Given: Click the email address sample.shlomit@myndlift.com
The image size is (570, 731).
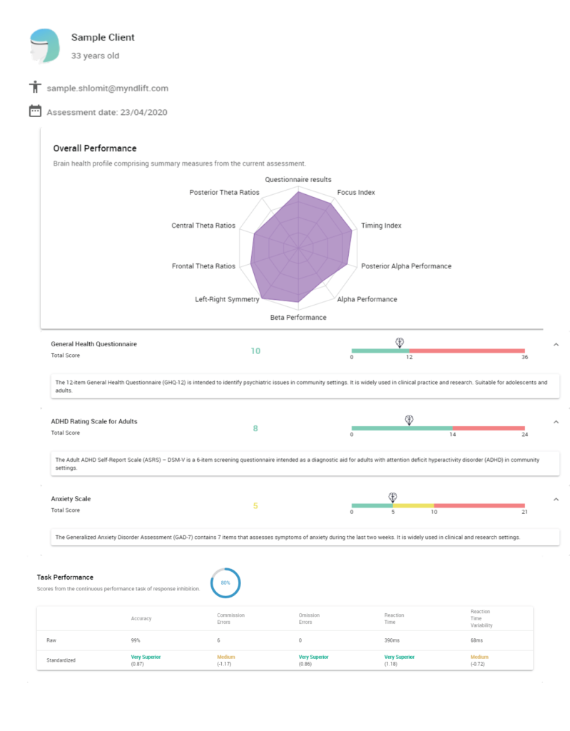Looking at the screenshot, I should coord(108,89).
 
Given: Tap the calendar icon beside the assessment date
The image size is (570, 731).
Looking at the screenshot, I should coord(35,111).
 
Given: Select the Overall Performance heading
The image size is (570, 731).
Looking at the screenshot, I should coord(95,148).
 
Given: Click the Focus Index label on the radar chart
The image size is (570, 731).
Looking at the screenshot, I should coord(356,193).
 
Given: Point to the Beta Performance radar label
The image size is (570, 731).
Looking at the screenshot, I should coord(298,317).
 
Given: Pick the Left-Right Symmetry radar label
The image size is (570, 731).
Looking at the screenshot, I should coord(228,299).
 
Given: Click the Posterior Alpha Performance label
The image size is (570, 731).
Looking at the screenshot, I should coord(406,266).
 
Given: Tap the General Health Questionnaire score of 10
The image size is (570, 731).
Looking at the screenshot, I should coord(255,351).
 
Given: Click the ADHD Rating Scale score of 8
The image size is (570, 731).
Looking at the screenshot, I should coord(255,428).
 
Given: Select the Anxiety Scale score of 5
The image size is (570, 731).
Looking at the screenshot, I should coord(255,506).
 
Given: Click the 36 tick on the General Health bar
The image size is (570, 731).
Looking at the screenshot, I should coord(524,358).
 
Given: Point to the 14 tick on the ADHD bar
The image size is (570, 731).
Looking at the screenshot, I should coord(452,435).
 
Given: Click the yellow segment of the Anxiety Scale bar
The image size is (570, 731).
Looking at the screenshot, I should coord(413,505).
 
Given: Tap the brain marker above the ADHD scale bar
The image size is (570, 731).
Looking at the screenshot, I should coord(409,420).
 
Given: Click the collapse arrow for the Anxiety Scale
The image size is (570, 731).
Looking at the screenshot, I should coord(556,499).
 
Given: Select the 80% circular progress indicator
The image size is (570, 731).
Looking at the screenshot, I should coord(225,583).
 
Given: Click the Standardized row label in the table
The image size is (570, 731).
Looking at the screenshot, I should coord(61,660).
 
